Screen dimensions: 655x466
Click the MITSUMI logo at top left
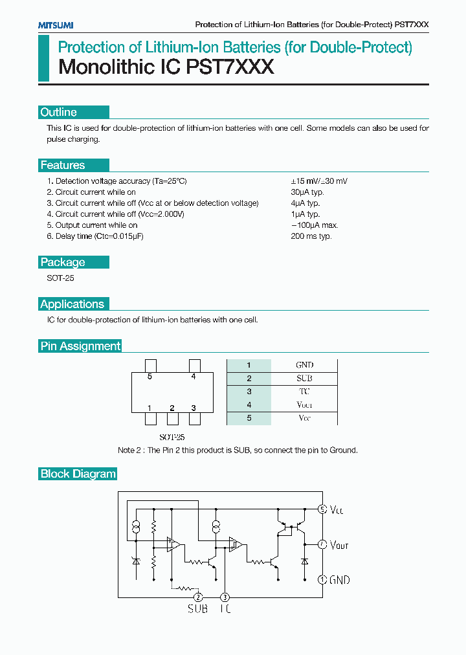pos(52,25)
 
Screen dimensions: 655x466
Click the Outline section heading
pos(59,112)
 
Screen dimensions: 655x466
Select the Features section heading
pos(63,165)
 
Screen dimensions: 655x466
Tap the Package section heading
pos(63,262)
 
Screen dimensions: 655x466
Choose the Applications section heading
pos(72,304)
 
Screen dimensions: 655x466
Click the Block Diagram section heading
pos(78,474)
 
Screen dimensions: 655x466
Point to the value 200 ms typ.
pos(311,236)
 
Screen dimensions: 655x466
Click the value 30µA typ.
pos(307,192)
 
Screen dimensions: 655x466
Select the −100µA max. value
pos(315,225)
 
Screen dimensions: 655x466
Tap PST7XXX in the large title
pos(231,67)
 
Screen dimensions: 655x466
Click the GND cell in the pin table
pos(304,365)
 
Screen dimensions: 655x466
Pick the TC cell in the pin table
pos(304,392)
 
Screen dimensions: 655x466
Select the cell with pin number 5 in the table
pos(249,418)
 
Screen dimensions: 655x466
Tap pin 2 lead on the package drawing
pos(172,418)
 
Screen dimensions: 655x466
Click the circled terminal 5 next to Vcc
pos(322,509)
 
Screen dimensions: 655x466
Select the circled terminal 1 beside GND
pos(322,580)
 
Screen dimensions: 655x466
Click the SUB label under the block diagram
pos(197,609)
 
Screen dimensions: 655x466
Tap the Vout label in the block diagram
pos(339,545)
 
